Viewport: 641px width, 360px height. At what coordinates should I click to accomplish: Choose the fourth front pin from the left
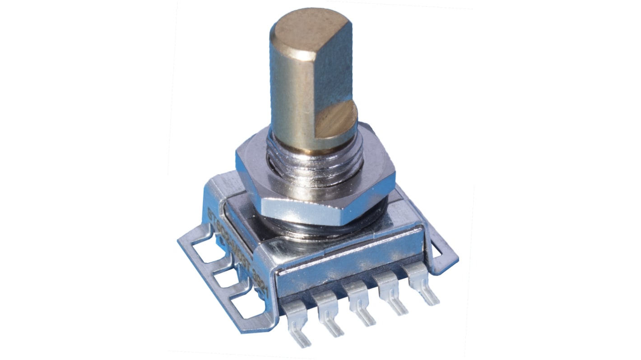pyautogui.click(x=391, y=293)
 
